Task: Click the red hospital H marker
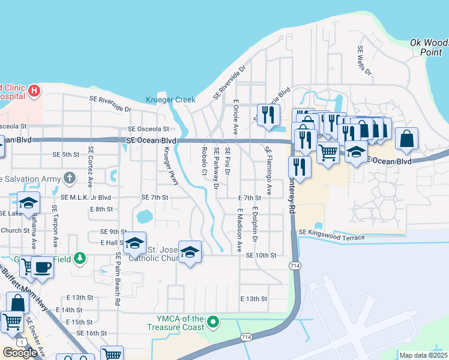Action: pos(35,91)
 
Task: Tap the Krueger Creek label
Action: pos(170,100)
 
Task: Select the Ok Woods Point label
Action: pos(429,47)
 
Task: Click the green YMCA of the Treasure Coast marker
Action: pos(212,323)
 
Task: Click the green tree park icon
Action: pos(79,259)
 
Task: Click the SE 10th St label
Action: pos(261,255)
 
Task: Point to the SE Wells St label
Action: pos(364,60)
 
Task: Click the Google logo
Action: pos(20,352)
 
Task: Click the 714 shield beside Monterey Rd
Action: pos(295,265)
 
